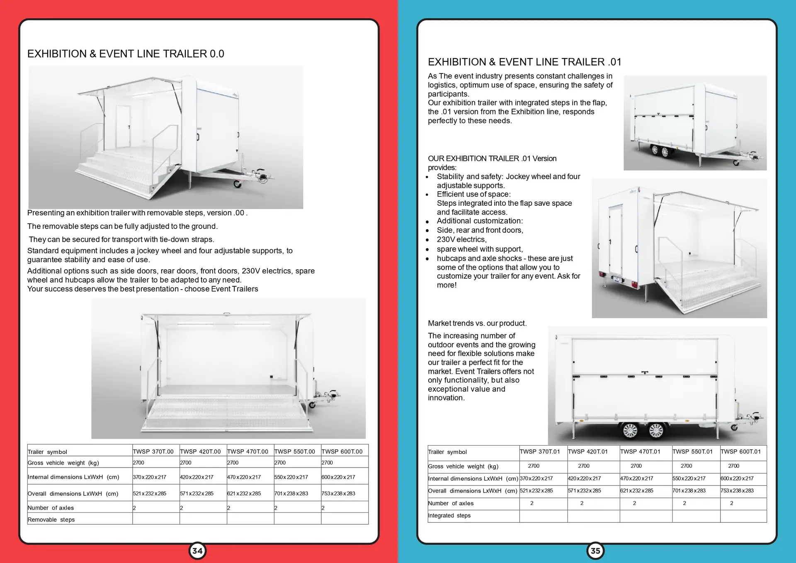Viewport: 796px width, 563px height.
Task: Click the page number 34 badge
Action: [197, 551]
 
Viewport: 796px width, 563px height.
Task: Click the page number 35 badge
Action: [595, 551]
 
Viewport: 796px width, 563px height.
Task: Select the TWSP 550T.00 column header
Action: [294, 451]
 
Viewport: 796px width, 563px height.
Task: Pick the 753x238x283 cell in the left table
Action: [338, 493]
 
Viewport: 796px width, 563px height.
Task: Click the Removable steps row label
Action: [51, 519]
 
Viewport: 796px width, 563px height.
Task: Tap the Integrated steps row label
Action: [449, 515]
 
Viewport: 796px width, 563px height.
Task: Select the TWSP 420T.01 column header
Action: [587, 451]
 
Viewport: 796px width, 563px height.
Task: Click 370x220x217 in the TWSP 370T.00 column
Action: [149, 477]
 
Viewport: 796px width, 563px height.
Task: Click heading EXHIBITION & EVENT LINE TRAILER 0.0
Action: [126, 54]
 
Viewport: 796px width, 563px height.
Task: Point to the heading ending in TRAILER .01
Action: [524, 62]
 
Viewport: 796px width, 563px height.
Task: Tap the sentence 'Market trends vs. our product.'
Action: [477, 323]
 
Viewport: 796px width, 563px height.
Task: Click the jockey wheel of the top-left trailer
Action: [238, 184]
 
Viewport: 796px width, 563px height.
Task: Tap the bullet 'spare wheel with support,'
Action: [480, 249]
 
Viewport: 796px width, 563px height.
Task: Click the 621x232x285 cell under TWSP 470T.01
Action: [636, 490]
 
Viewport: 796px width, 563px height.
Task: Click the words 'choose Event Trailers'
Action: [221, 289]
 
